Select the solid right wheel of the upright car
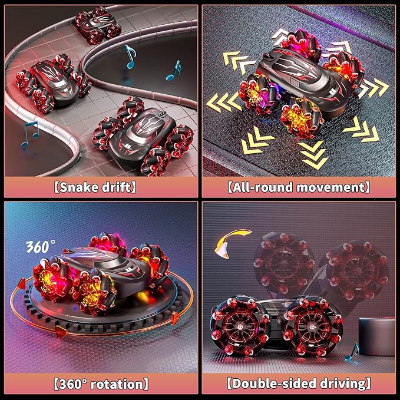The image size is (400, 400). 311,325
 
